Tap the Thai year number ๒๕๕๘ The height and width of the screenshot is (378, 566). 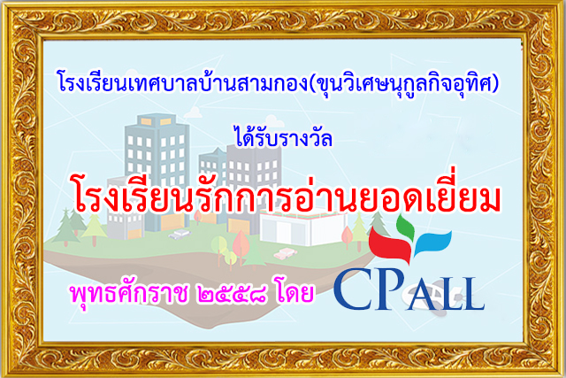232,294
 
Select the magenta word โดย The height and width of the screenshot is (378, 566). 294,292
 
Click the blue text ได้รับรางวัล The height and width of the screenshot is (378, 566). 283,136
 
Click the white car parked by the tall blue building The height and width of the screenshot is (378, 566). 180,235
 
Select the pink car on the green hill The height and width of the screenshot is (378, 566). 285,253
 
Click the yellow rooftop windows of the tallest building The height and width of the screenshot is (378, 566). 156,121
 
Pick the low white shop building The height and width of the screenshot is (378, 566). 303,228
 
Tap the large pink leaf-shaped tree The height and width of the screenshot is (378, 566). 241,244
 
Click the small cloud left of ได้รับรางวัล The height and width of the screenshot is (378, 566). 194,112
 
